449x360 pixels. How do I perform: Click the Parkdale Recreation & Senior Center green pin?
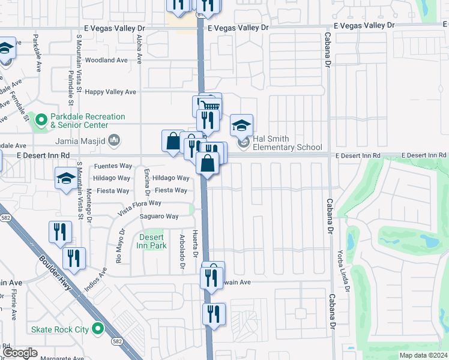click(41, 121)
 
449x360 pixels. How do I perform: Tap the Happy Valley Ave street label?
click(110, 92)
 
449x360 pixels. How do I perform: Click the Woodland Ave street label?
click(106, 60)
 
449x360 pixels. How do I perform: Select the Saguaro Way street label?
click(159, 217)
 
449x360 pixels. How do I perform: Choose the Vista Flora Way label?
click(139, 207)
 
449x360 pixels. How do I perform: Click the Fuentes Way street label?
click(113, 166)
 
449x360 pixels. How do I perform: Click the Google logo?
click(20, 352)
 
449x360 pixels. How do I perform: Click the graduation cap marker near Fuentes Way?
click(66, 178)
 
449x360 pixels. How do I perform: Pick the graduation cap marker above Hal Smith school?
click(241, 125)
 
